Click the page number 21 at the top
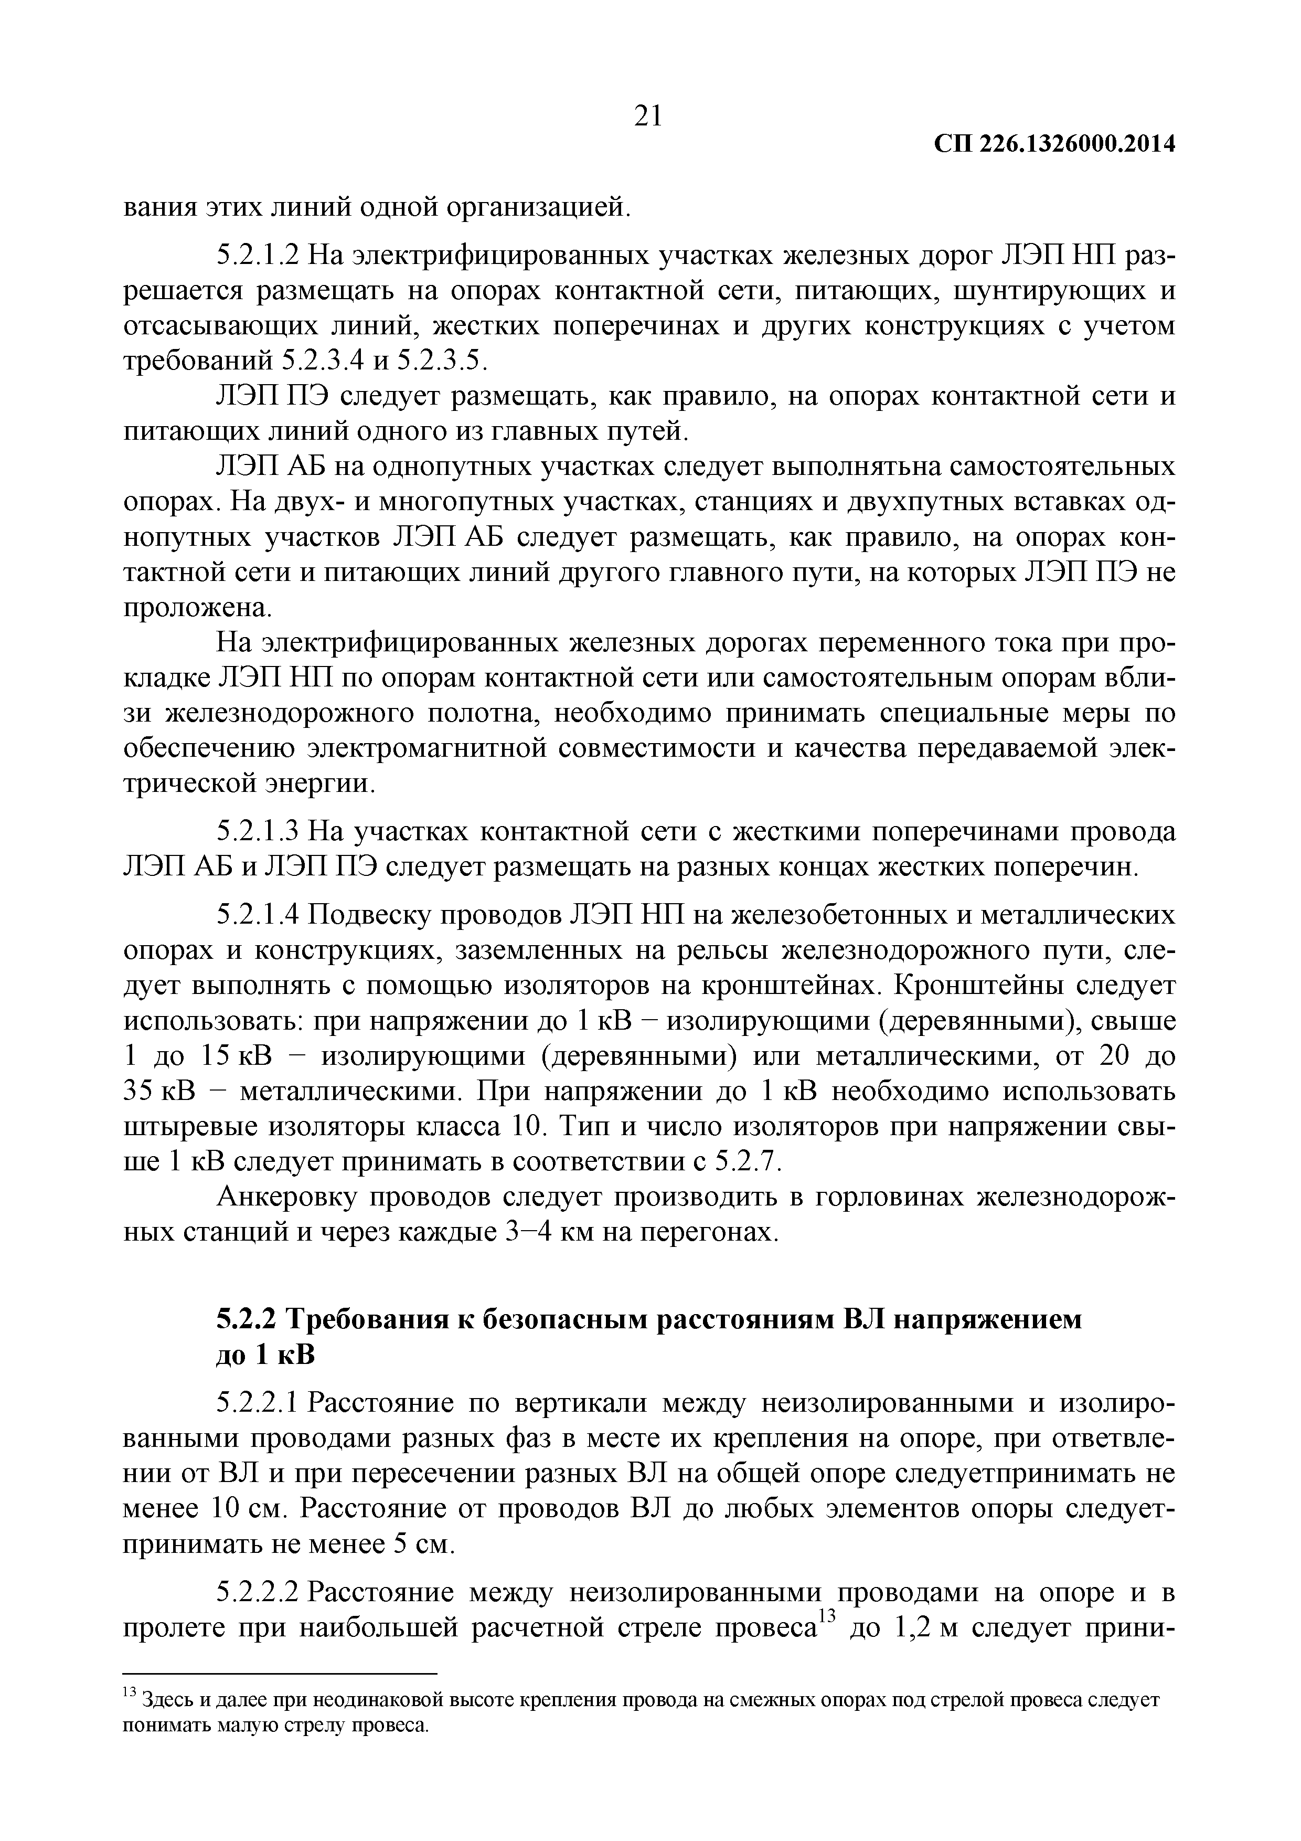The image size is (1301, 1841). pyautogui.click(x=648, y=117)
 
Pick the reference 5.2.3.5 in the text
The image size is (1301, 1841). pyautogui.click(x=442, y=362)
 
